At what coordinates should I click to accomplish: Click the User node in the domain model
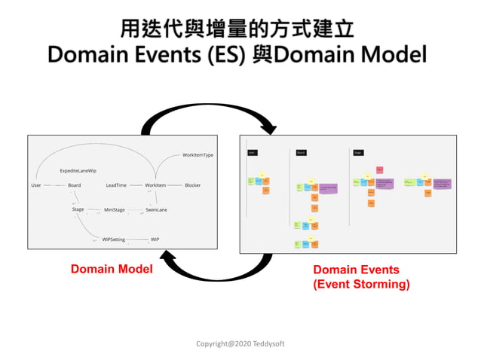pos(36,185)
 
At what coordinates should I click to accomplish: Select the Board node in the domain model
pos(74,185)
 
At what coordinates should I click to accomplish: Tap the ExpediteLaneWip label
pos(78,171)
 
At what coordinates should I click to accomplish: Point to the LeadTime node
pos(116,185)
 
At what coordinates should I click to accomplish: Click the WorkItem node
pos(155,185)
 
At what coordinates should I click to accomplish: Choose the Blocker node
pos(193,185)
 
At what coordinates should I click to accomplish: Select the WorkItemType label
pos(198,155)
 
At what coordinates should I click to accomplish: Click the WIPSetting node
pos(114,239)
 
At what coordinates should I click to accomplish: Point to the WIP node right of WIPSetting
pos(155,239)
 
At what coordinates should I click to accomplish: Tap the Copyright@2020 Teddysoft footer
pos(240,343)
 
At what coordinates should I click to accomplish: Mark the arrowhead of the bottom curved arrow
pos(170,260)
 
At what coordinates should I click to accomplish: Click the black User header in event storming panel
pos(252,152)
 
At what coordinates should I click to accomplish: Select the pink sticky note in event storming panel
pos(379,169)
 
